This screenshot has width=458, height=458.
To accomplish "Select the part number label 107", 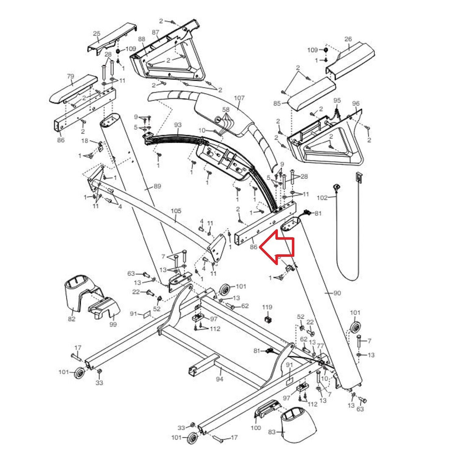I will (x=239, y=98).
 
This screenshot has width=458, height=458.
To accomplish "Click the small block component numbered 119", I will (x=268, y=320).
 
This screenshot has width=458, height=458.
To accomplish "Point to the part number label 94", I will (x=219, y=379).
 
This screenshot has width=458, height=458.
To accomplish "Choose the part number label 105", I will (x=176, y=211).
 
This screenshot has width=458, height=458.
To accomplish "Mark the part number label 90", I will (x=337, y=293).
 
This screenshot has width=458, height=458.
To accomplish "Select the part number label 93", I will (x=178, y=125).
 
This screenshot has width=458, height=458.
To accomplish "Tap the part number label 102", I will (x=322, y=198).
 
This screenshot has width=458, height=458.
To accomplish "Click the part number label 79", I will (x=71, y=76).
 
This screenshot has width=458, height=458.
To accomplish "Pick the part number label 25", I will (x=96, y=33).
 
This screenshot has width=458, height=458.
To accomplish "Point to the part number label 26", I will (x=348, y=39).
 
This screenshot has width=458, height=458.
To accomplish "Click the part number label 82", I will (x=71, y=319).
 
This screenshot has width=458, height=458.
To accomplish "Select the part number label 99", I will (x=113, y=324).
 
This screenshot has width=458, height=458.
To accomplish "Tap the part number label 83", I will (x=272, y=432).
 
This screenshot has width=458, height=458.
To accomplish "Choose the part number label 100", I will (x=256, y=428).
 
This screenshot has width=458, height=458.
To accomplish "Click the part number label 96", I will (x=356, y=104).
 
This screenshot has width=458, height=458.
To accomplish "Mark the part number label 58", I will (x=226, y=110).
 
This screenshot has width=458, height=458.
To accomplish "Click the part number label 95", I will (x=337, y=100).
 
